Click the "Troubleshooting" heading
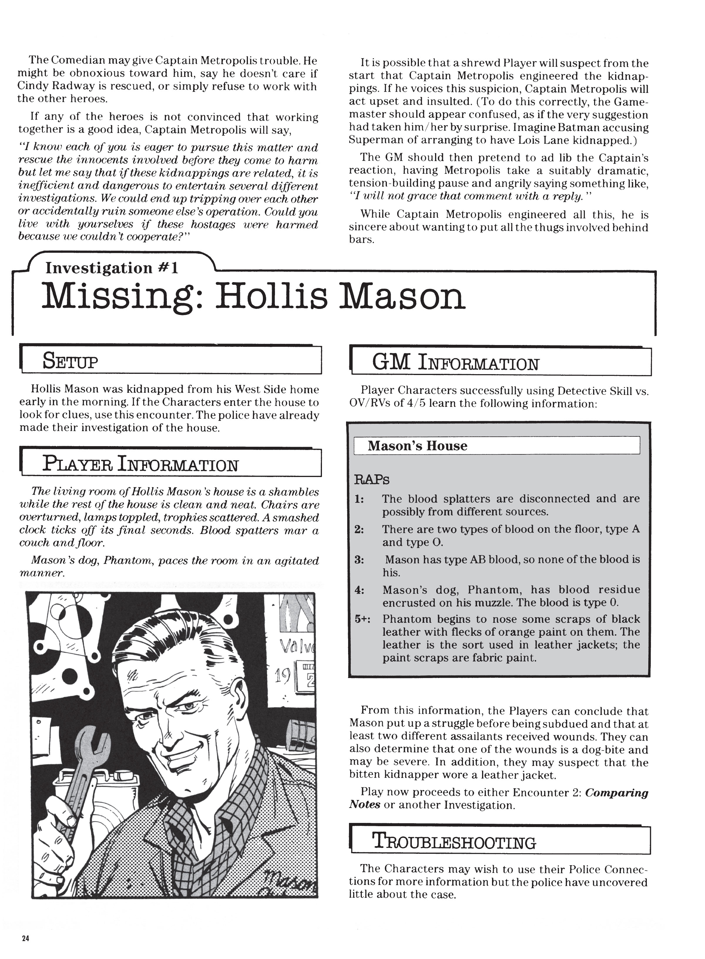click(x=454, y=842)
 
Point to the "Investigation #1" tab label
click(x=112, y=268)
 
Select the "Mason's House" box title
click(x=417, y=446)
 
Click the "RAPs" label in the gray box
click(x=372, y=480)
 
